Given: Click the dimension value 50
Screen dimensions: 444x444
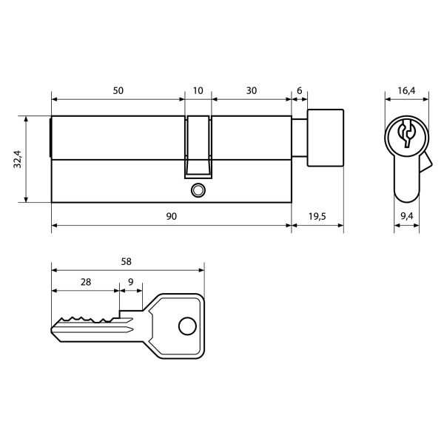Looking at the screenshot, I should click(118, 90).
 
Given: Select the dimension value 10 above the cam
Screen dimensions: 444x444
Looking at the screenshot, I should click(198, 90).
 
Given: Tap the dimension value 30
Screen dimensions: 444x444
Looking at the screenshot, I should click(252, 90).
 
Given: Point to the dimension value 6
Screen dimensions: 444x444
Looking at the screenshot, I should click(299, 90).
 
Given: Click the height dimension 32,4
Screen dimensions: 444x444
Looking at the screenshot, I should click(18, 158).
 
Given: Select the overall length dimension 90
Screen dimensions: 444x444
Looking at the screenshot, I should click(171, 216).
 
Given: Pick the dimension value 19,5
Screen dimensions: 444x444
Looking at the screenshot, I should click(317, 216).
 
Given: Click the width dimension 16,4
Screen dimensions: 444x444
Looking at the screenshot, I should click(406, 90).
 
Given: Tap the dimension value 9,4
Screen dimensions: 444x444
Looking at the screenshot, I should click(406, 216).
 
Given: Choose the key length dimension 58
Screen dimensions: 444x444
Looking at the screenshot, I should click(127, 261).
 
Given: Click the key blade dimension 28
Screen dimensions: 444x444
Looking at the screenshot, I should click(85, 282).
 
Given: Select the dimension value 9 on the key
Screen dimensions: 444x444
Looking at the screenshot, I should click(131, 282).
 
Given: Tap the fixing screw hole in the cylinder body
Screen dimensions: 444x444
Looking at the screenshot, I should click(197, 190).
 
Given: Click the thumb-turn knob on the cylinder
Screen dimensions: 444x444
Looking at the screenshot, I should click(326, 138).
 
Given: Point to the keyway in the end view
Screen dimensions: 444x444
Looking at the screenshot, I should click(406, 134).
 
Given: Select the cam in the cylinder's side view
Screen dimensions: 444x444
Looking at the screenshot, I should click(198, 146).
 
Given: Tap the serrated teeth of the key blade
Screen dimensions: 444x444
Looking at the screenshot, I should click(85, 319).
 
